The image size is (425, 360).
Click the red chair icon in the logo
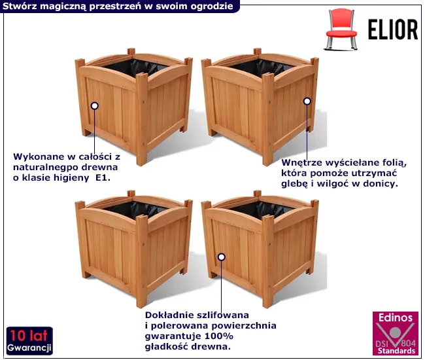[341, 29]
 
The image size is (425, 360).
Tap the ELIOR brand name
[393, 29]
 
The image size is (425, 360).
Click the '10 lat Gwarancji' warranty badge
[29, 341]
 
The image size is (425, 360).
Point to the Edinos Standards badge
[396, 333]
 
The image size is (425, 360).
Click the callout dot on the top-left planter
[95, 106]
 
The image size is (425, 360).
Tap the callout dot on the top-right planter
[307, 101]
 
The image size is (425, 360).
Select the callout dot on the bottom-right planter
[222, 257]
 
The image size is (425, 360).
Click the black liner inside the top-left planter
[135, 67]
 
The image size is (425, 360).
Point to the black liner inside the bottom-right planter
[261, 209]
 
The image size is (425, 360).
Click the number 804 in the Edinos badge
[408, 343]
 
